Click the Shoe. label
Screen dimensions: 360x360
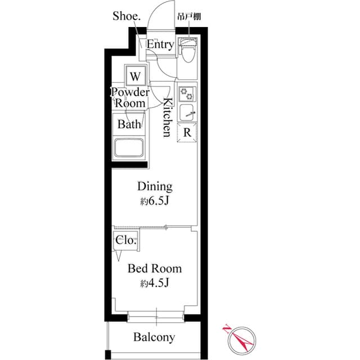[x=127, y=16]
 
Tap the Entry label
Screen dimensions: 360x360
[x=160, y=44]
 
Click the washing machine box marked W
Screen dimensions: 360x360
[x=136, y=75]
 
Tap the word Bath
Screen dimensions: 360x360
[x=129, y=125]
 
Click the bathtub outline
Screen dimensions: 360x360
[x=130, y=148]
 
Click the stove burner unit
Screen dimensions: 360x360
[x=187, y=93]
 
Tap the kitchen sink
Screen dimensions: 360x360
[x=187, y=112]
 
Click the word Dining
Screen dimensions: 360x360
[x=155, y=187]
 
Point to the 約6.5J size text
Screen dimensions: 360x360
[x=155, y=201]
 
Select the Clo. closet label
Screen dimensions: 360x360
[x=125, y=240]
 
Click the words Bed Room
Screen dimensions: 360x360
[x=155, y=268]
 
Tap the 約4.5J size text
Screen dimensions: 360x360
[x=155, y=283]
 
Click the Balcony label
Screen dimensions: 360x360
[x=154, y=337]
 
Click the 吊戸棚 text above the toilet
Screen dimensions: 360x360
[x=189, y=17]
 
